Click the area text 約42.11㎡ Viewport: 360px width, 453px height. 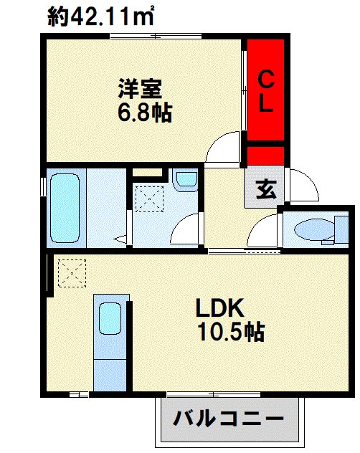coord(100,17)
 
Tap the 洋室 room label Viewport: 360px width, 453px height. coord(140,89)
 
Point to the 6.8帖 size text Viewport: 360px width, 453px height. coord(145,113)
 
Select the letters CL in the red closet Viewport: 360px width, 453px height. coord(266,91)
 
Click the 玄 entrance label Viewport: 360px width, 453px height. coord(266,189)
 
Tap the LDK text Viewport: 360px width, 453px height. coord(220,308)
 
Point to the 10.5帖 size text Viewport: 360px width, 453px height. coord(231,332)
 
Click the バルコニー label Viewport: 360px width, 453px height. coord(228,418)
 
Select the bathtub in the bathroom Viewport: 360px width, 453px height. coord(65,208)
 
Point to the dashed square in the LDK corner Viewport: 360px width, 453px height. coord(72,273)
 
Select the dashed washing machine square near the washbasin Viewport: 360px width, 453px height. coord(149,199)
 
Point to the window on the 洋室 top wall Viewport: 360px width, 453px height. coord(156,37)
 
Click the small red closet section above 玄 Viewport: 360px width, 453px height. coord(266,156)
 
